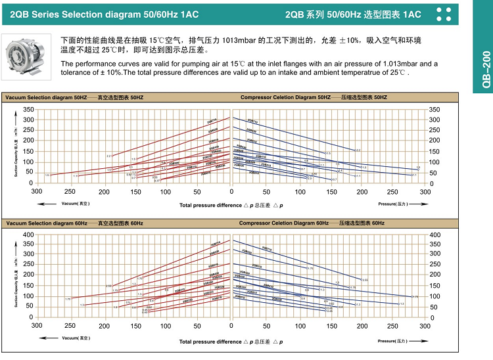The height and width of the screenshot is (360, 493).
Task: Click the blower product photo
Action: [x=26, y=52]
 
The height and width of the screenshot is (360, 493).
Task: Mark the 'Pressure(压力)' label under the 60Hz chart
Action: [x=393, y=341]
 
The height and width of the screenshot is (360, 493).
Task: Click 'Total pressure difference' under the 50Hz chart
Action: [x=210, y=205]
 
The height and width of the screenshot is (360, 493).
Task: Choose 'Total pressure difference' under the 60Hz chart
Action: [x=210, y=342]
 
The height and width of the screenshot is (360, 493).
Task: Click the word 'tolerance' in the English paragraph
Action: [x=76, y=72]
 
